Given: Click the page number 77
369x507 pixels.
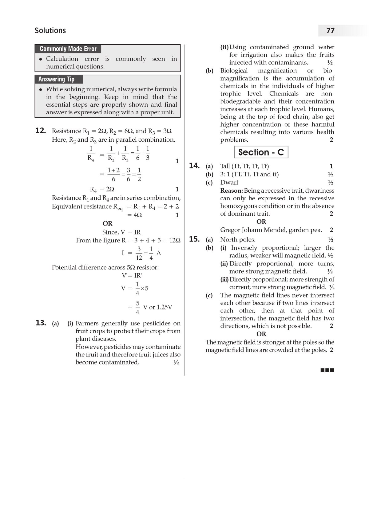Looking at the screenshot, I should pyautogui.click(x=330, y=31).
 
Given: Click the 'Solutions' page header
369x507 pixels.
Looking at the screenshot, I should pyautogui.click(x=50, y=31).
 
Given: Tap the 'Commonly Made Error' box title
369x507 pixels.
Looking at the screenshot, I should pyautogui.click(x=68, y=49).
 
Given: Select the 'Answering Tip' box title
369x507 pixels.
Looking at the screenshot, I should pyautogui.click(x=56, y=79).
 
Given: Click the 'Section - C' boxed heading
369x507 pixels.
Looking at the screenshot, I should pyautogui.click(x=261, y=152).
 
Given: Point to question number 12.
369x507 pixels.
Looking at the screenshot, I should pyautogui.click(x=41, y=131).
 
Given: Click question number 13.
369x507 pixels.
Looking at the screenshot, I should pyautogui.click(x=41, y=323).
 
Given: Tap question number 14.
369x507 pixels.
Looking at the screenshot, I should pyautogui.click(x=194, y=166).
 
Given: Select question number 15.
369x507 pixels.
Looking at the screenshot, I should pyautogui.click(x=194, y=239).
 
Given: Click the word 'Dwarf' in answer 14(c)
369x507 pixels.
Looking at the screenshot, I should pyautogui.click(x=229, y=183).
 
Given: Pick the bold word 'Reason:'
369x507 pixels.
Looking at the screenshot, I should pyautogui.click(x=232, y=191).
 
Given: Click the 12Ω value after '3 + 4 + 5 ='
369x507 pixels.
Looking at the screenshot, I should pyautogui.click(x=175, y=240).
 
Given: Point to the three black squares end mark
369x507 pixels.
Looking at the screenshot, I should pyautogui.click(x=327, y=370).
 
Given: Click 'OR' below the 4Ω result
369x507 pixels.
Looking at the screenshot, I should pyautogui.click(x=108, y=223).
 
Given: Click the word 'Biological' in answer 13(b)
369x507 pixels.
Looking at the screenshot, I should pyautogui.click(x=234, y=71).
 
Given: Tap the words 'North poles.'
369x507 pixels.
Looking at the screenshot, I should pyautogui.click(x=238, y=240).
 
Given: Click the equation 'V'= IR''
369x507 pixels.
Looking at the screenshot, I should pyautogui.click(x=132, y=276).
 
